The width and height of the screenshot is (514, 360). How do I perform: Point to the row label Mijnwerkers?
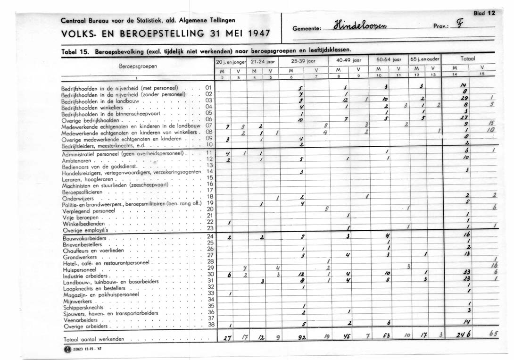tap(78, 301)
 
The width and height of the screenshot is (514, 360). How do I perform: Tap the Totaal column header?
tap(468, 59)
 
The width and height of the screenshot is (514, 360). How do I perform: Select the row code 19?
tap(210, 202)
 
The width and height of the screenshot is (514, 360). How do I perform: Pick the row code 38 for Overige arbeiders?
tap(210, 325)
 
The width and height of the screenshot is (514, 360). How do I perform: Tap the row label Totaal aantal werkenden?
tap(94, 339)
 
